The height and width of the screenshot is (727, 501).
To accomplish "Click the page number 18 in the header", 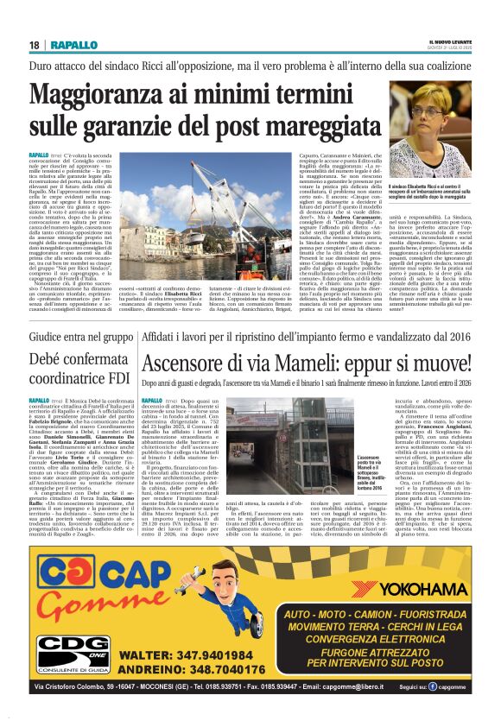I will pyautogui.click(x=34, y=45).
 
